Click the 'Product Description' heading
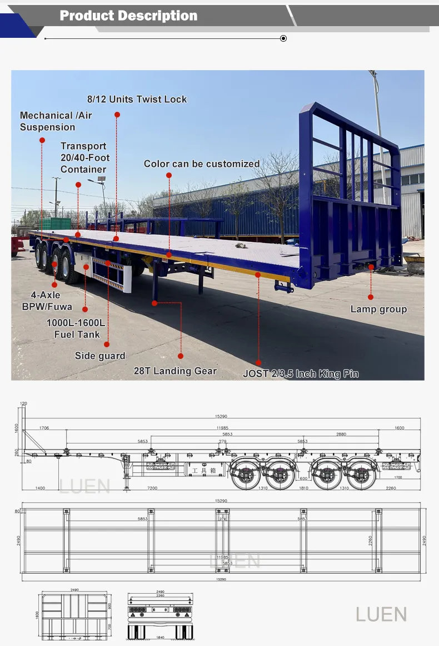(128, 16)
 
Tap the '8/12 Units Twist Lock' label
(137, 100)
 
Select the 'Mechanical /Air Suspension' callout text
(56, 121)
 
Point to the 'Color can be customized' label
(202, 164)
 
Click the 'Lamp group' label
(378, 309)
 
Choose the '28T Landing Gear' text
(175, 371)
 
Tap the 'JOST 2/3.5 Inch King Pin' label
(301, 374)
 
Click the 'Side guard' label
(100, 356)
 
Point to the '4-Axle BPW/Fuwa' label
(47, 301)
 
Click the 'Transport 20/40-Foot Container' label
(84, 157)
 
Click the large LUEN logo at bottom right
(381, 615)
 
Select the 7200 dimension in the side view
(152, 488)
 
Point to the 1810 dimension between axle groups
(303, 488)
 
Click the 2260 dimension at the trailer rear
(391, 488)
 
